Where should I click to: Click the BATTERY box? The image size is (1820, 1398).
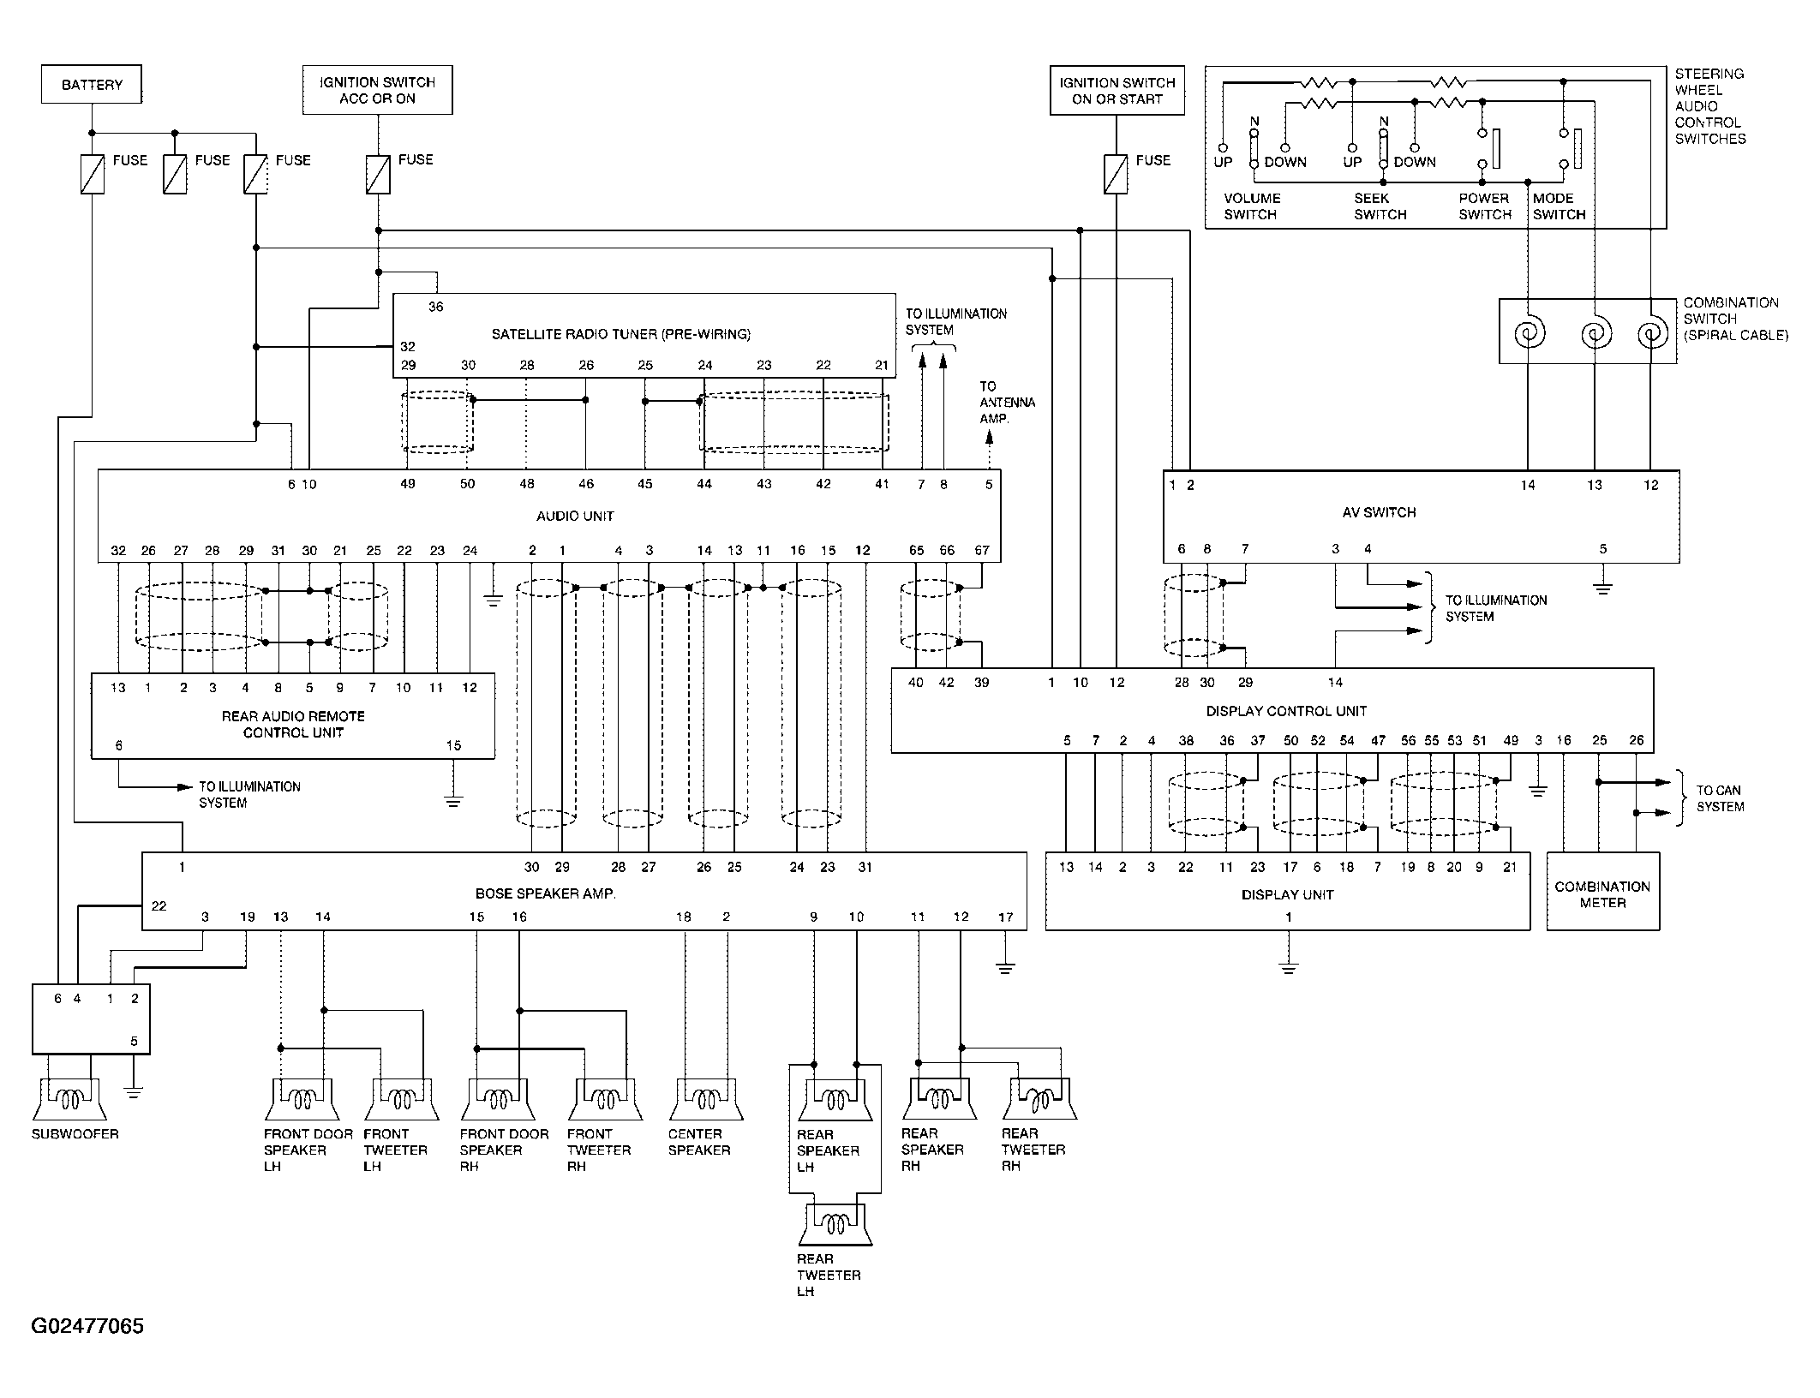point(92,85)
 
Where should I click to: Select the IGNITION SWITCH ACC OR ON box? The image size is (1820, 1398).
point(377,90)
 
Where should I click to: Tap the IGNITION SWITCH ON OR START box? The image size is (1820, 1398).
point(1117,90)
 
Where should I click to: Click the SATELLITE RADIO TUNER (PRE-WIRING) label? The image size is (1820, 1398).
point(620,334)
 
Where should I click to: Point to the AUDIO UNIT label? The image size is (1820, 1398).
point(575,516)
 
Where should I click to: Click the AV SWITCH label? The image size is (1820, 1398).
point(1379,512)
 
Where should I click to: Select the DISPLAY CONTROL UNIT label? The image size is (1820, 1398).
point(1286,711)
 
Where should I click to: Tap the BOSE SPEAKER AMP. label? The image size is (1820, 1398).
point(546,893)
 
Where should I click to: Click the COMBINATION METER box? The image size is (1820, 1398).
point(1602,891)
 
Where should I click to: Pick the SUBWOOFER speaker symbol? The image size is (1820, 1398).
point(69,1100)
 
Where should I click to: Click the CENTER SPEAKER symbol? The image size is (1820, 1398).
point(705,1100)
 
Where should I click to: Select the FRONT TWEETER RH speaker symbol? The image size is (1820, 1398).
point(605,1100)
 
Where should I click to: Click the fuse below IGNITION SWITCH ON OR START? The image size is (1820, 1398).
point(1116,174)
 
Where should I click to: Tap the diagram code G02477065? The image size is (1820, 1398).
point(87,1327)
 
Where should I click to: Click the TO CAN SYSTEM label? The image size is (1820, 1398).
point(1720,798)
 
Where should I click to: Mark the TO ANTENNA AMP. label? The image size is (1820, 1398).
point(1007,403)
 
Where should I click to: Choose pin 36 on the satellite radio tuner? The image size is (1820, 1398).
point(435,307)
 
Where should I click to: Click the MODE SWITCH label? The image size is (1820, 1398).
point(1559,206)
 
